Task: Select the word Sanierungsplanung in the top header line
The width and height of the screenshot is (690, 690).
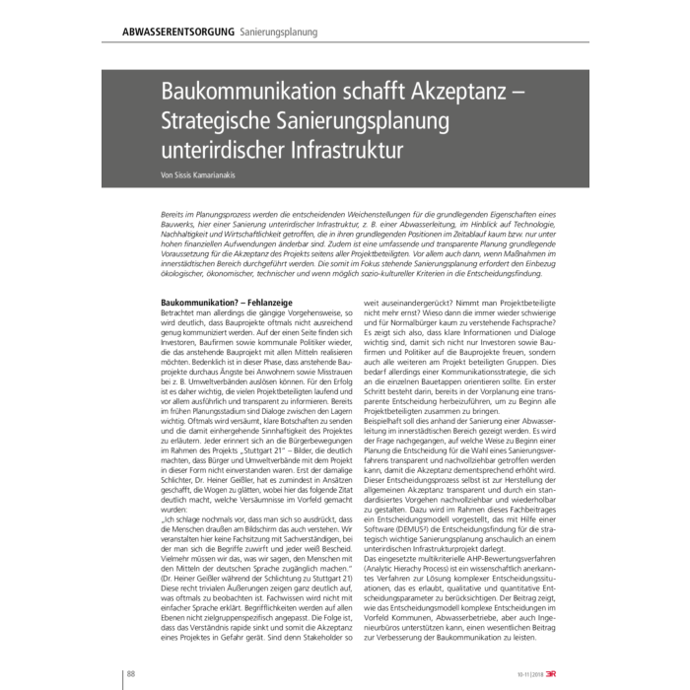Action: (279, 32)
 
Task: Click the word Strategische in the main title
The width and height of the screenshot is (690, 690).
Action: (222, 123)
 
